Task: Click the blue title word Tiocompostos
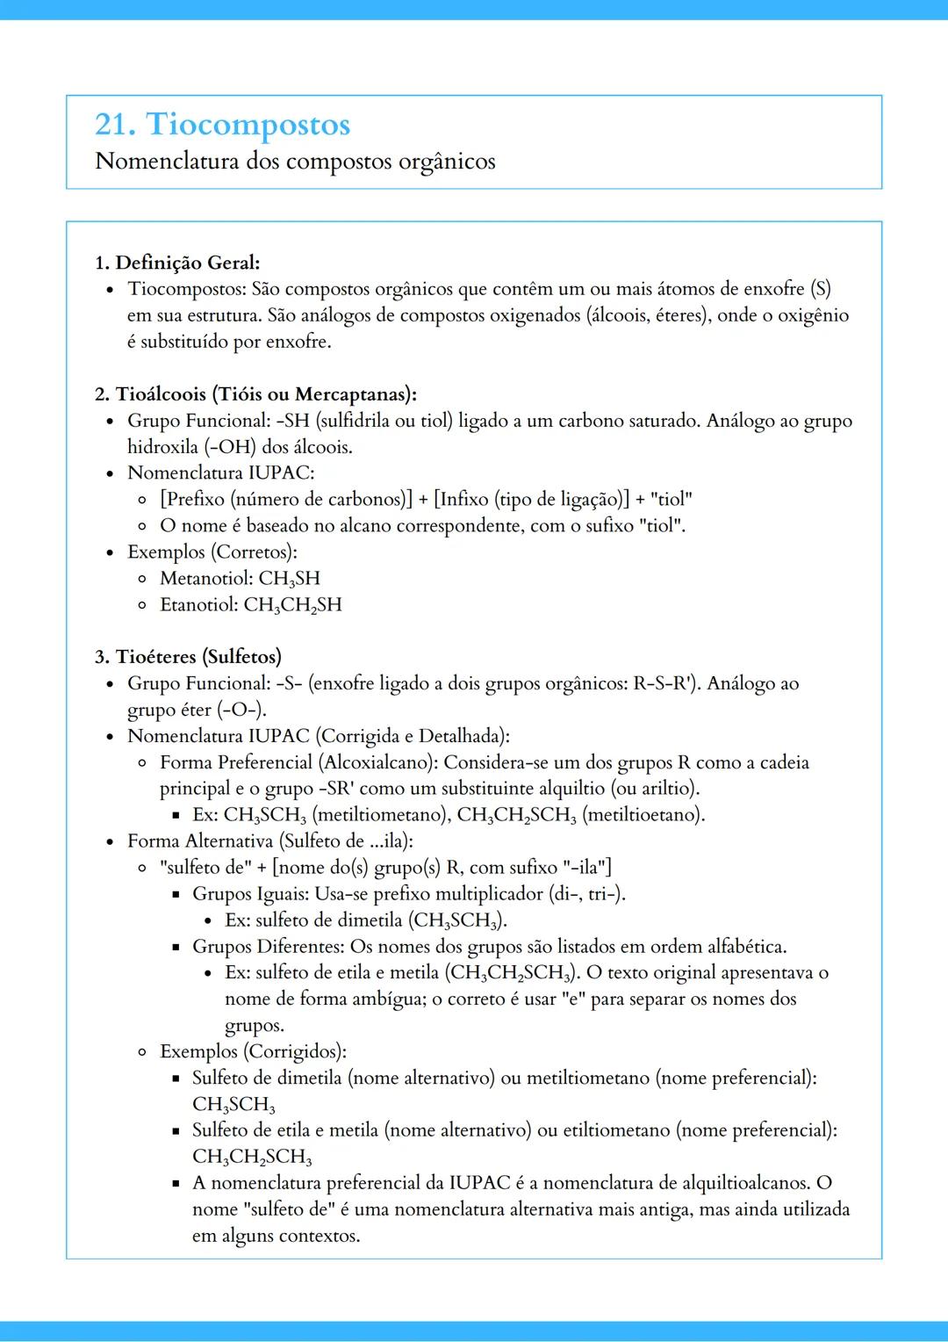248,125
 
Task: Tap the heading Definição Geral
187,263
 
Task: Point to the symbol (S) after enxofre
820,289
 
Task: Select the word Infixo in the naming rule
463,500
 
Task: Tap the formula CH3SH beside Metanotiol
290,579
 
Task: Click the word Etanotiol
198,605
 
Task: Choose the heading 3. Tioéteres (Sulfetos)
188,657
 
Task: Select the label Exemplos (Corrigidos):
253,1051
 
